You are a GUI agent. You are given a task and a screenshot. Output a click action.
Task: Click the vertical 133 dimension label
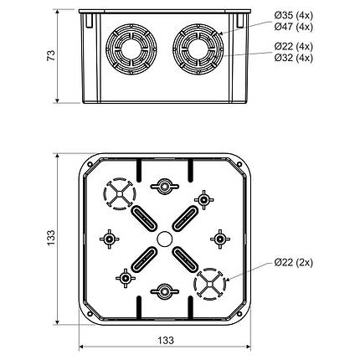[59, 239]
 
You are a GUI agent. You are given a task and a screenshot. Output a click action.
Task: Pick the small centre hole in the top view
[164, 239]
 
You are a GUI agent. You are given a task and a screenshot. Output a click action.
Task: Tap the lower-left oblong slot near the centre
[141, 261]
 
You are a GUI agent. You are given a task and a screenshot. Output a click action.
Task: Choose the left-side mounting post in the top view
[109, 239]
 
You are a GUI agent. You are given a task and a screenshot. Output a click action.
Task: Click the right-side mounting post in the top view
[219, 239]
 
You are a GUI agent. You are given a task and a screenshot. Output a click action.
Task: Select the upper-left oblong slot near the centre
[141, 217]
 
